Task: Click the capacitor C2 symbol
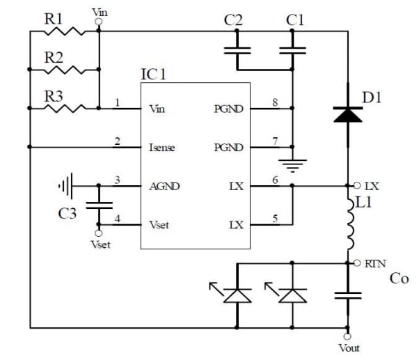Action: pyautogui.click(x=237, y=49)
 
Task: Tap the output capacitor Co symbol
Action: pyautogui.click(x=347, y=295)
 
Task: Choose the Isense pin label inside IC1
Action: pyautogui.click(x=161, y=148)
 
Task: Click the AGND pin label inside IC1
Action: pyautogui.click(x=164, y=187)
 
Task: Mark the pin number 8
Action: pyautogui.click(x=275, y=102)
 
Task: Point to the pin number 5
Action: pyautogui.click(x=275, y=219)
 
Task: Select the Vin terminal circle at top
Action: pyautogui.click(x=99, y=22)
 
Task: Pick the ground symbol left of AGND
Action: pyautogui.click(x=65, y=187)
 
